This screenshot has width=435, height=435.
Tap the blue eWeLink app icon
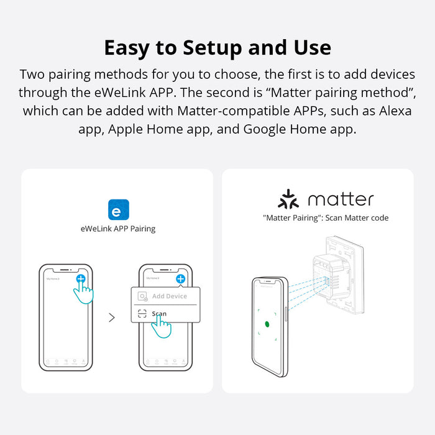coord(119,209)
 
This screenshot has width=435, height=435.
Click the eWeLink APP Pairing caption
coord(118,229)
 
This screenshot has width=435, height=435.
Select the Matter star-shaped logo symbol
coord(288,199)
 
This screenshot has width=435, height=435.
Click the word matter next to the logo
coord(341,199)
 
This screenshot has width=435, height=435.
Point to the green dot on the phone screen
coord(267,324)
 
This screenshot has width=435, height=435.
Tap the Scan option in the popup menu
coord(159,314)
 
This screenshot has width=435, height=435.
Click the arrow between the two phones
coord(112,318)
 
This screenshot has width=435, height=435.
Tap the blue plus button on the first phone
coord(81,279)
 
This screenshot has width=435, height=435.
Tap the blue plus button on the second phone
coord(180,279)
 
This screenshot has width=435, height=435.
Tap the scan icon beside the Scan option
coord(142,314)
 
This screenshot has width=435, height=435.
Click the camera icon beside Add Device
coord(143,296)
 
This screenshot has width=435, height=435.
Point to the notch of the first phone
coord(66,271)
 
